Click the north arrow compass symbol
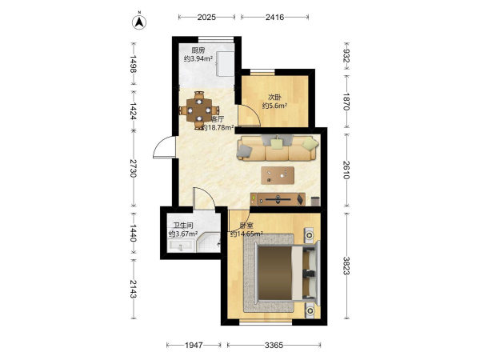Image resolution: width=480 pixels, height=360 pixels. pos(139,22)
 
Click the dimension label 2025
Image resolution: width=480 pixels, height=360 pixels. pos(206,17)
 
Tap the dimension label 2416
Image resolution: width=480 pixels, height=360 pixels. pos(274,17)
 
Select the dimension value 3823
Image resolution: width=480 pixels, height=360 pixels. pos(346,266)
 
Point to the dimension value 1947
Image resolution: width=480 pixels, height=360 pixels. pos(194,346)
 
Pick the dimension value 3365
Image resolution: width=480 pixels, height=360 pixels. pos(274,346)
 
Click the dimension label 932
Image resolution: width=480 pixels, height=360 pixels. pos(346,56)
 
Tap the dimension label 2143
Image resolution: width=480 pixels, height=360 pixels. pos(133,289)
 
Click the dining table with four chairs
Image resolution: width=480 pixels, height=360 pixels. pos(199,110)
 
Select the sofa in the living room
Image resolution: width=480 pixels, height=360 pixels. pos(278,148)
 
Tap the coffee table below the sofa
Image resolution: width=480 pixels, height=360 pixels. pos(278,175)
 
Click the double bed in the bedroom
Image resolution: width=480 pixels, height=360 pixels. pos(282,274)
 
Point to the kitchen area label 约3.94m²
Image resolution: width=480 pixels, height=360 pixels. pos(198,58)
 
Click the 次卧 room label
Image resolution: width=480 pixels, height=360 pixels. pos(274,98)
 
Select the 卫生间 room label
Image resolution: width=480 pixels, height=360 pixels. pos(183,226)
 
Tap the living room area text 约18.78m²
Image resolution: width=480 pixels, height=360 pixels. pos(218,127)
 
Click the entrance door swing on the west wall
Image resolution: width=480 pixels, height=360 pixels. pos(164,147)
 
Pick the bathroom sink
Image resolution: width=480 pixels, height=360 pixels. pos(181,246)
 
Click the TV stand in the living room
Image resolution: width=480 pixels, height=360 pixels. pos(278,199)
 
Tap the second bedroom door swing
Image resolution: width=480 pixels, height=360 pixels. pos(249,114)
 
